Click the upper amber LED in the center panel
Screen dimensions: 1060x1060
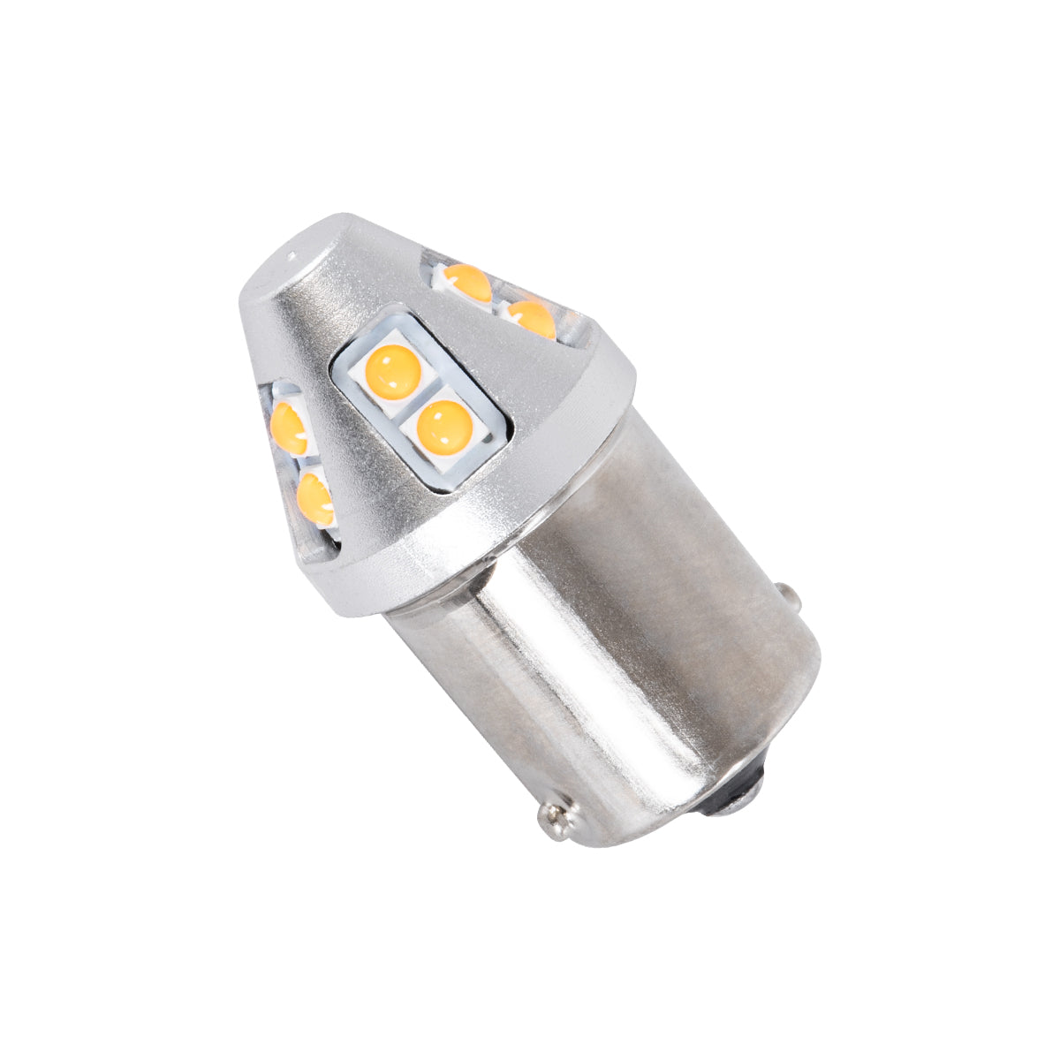pyautogui.click(x=393, y=371)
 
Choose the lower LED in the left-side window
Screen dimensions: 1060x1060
pyautogui.click(x=315, y=499)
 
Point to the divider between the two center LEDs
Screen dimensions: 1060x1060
pyautogui.click(x=415, y=402)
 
